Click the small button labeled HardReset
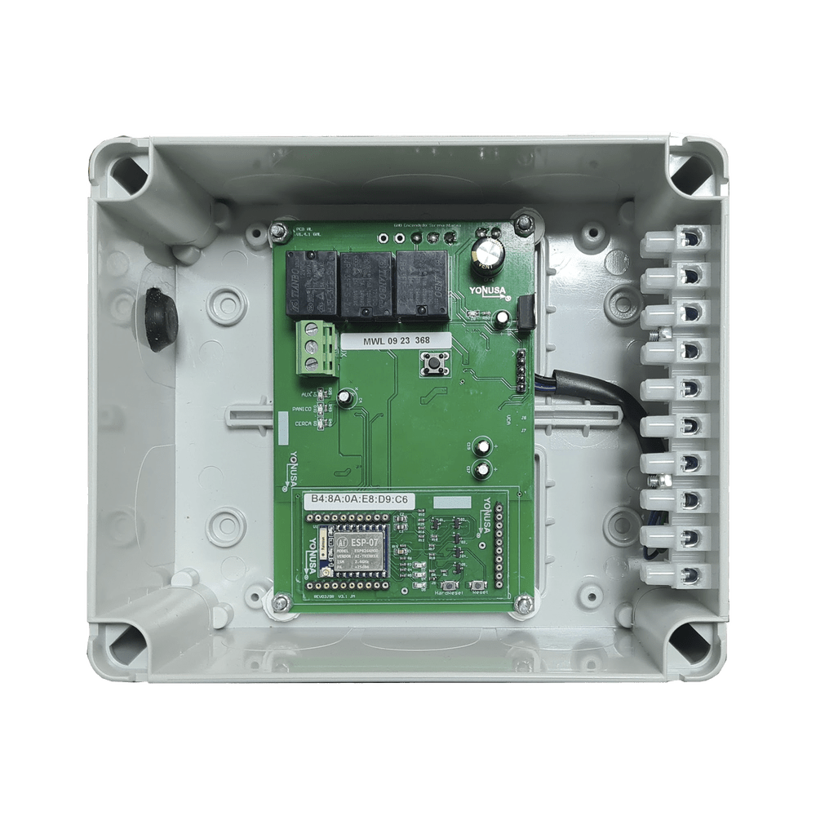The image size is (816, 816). pos(448,587)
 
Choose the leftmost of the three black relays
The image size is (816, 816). pos(311,282)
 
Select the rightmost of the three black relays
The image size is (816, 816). pos(422,282)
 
